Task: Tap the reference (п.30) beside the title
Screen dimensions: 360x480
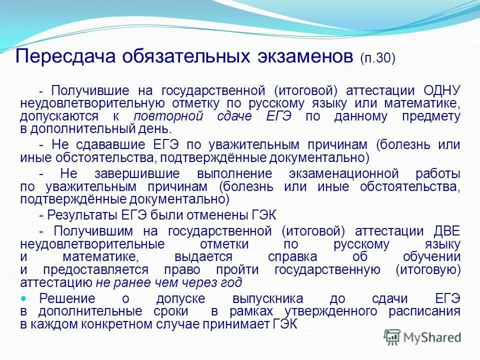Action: click(x=377, y=58)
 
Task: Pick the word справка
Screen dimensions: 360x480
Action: click(x=292, y=257)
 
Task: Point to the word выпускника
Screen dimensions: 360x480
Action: click(x=267, y=299)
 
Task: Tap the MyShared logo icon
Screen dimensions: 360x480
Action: click(x=393, y=337)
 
